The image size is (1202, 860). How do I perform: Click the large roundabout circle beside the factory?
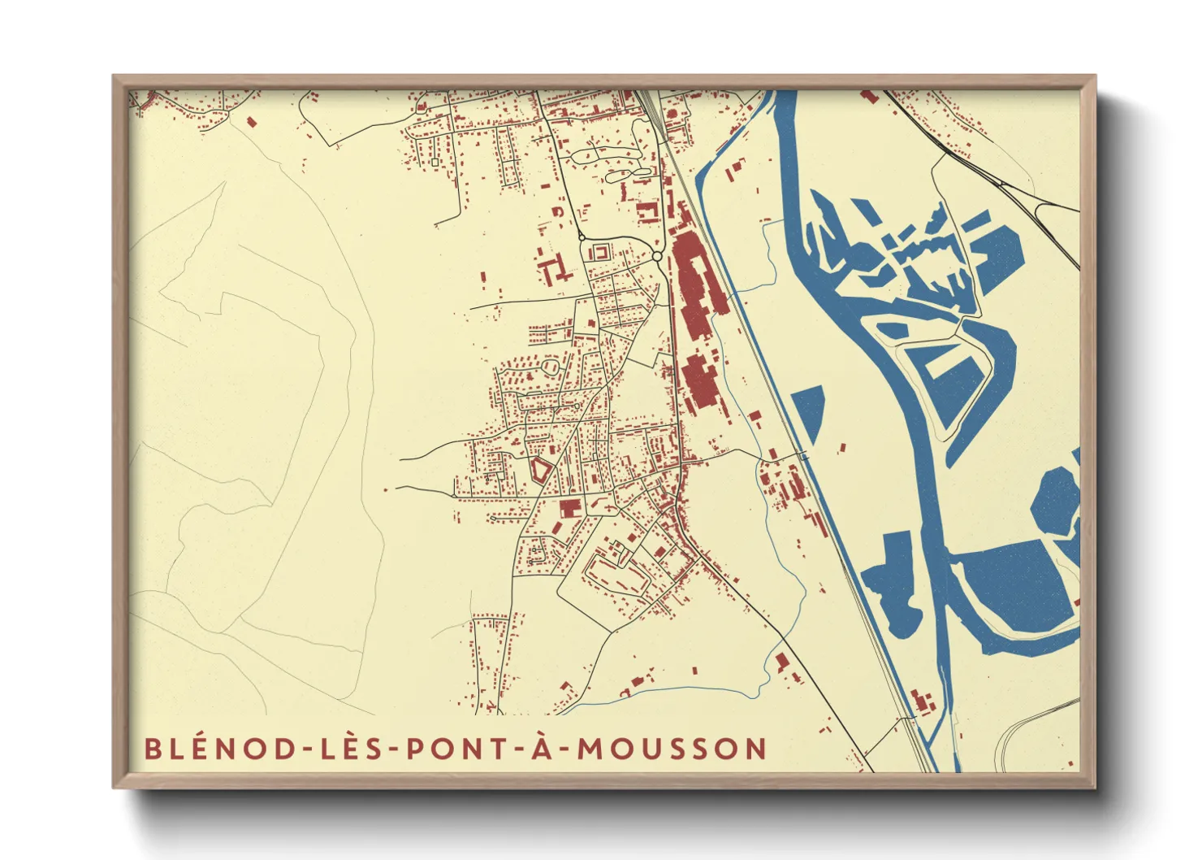pyautogui.click(x=656, y=257)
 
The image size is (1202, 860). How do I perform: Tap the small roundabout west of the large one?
pyautogui.click(x=582, y=237)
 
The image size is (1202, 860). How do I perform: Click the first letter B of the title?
pyautogui.click(x=152, y=748)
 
